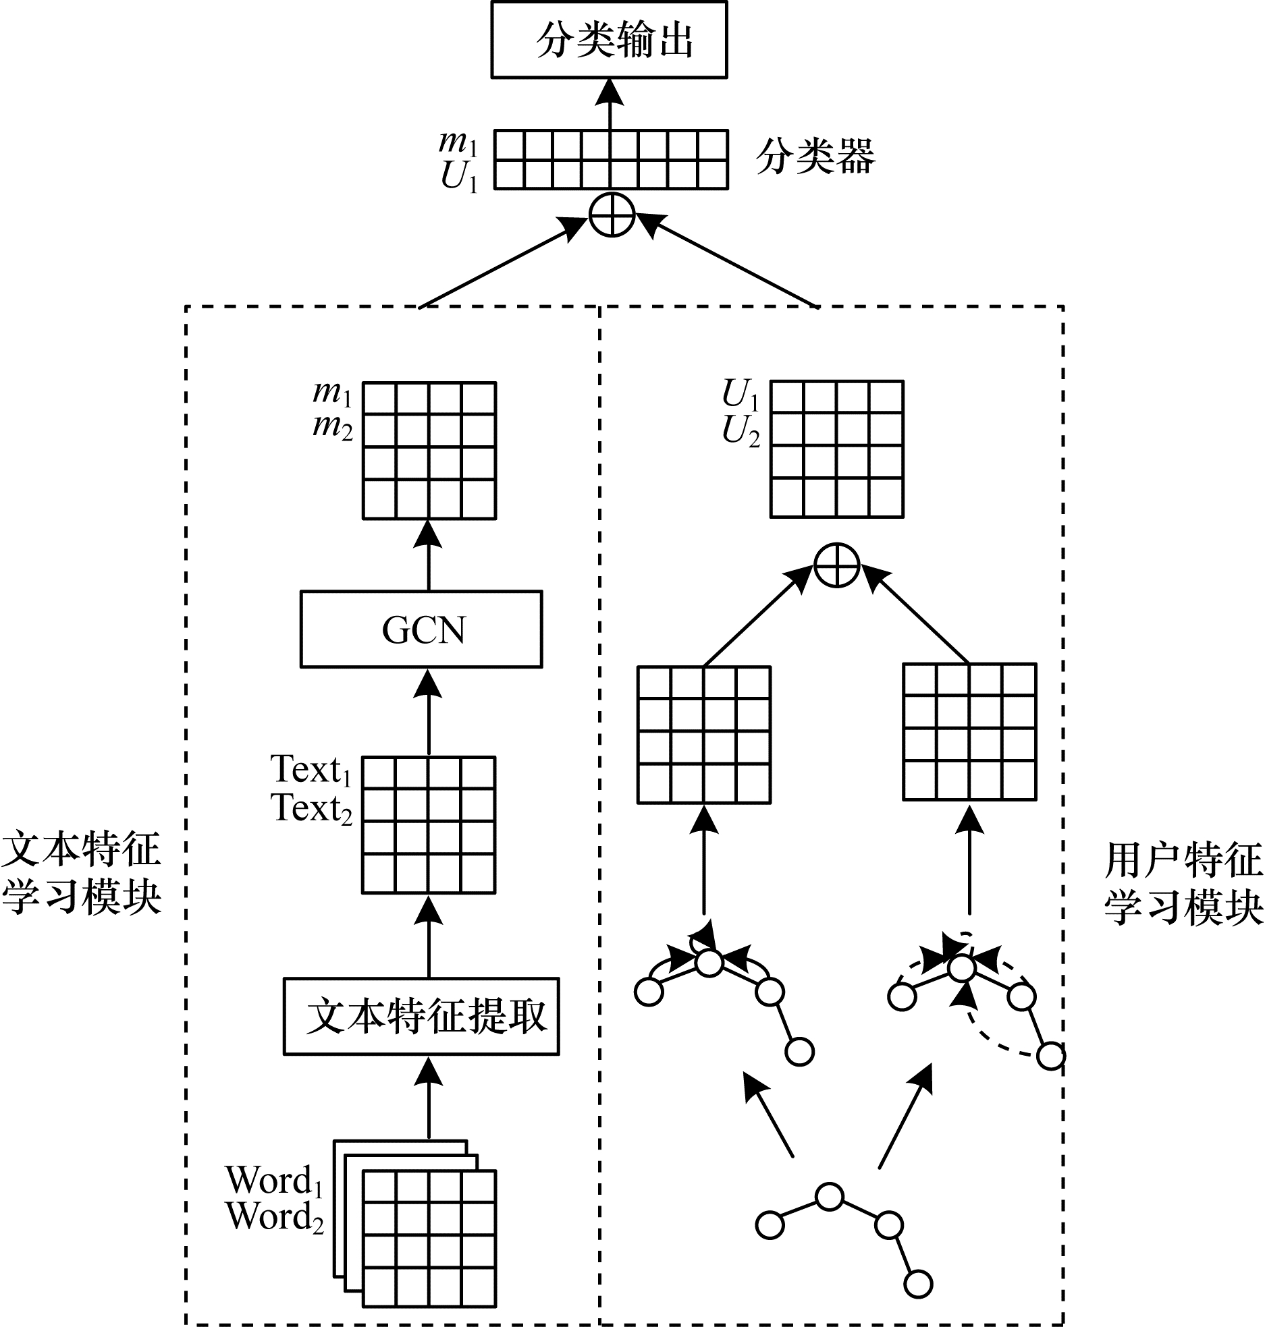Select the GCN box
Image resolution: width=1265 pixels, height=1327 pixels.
(x=421, y=629)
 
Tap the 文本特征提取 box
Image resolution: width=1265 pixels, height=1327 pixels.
(x=421, y=1016)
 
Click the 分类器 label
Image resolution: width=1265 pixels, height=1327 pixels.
(x=815, y=157)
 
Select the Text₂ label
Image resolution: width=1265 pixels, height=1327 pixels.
(x=311, y=808)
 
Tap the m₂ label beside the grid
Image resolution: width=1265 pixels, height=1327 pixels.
(x=333, y=427)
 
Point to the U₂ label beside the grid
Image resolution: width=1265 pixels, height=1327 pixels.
(x=741, y=430)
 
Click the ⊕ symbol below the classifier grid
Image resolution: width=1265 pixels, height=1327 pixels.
(x=612, y=216)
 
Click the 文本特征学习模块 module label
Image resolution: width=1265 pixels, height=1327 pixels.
(x=82, y=873)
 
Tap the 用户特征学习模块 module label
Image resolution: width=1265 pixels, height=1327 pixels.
(x=1183, y=883)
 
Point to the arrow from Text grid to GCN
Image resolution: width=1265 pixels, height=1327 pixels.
(x=428, y=711)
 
